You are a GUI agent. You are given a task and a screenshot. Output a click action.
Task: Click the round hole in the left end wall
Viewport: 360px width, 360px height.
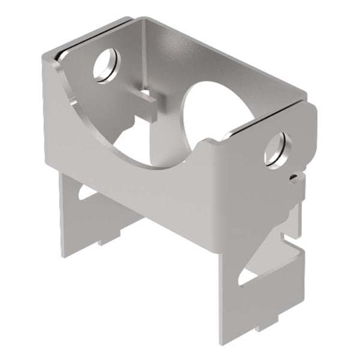pos(106,64)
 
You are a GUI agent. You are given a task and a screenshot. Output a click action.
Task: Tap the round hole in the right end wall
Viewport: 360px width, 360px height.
pos(278,149)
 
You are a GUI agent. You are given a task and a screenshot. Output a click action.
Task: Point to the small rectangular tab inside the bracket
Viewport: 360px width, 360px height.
pos(146,96)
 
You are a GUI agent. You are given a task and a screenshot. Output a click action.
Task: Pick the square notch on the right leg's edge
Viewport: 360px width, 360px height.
pos(293,231)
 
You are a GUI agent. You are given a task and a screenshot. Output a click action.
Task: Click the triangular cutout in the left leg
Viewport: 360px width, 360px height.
pos(83,193)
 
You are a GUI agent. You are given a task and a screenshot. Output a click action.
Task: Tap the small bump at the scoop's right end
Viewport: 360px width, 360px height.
pos(209,142)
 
